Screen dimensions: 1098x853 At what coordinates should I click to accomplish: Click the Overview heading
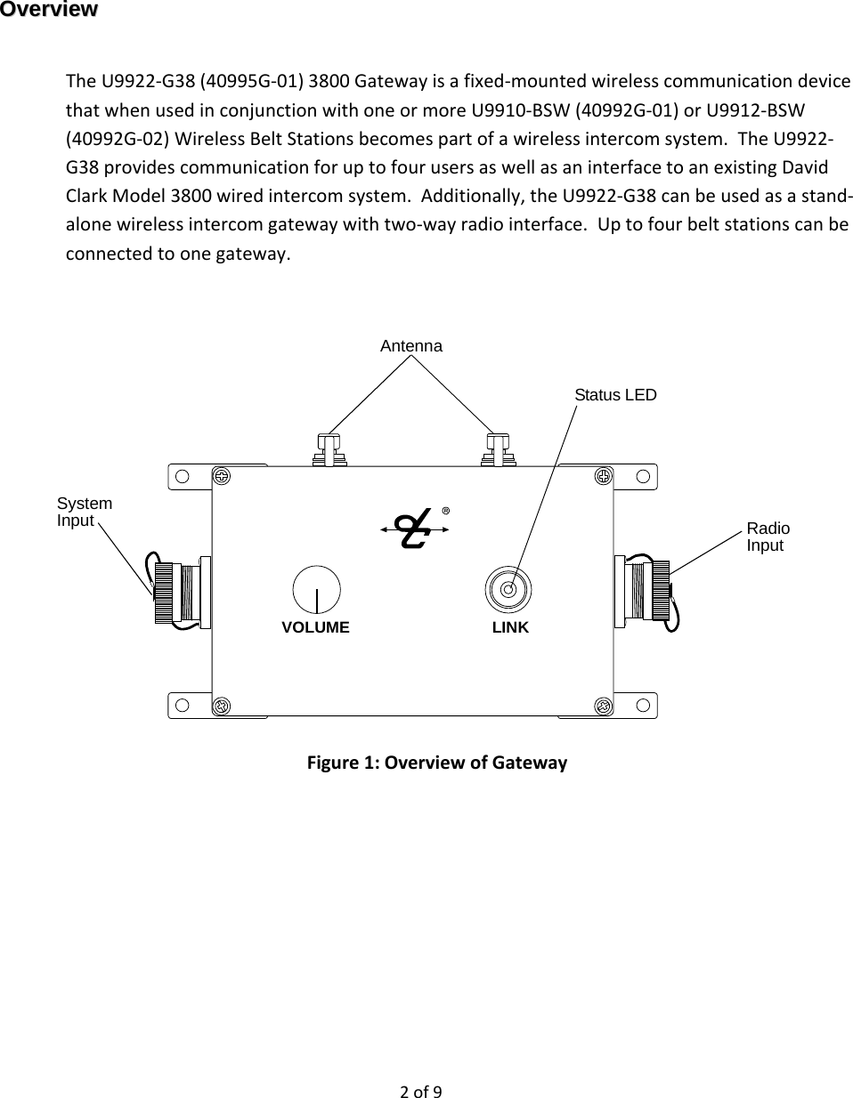[49, 10]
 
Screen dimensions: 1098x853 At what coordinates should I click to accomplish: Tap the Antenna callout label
[410, 346]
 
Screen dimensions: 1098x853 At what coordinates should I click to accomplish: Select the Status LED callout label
[615, 394]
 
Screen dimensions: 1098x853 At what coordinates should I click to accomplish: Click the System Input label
[85, 512]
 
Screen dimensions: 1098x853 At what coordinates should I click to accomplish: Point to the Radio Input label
[768, 537]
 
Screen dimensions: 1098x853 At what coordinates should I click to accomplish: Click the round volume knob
[316, 588]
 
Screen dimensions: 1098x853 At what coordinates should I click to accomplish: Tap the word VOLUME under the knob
[315, 627]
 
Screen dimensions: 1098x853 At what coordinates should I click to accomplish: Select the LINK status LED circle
[508, 588]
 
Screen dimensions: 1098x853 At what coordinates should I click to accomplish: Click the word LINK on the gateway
[510, 627]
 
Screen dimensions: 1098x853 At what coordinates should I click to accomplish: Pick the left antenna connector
[329, 450]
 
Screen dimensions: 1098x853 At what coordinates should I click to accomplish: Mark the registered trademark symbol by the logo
[445, 511]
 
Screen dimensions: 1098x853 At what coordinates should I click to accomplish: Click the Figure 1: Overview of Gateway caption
[436, 763]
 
